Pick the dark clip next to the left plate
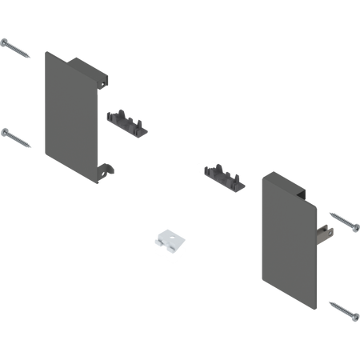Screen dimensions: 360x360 127,120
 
